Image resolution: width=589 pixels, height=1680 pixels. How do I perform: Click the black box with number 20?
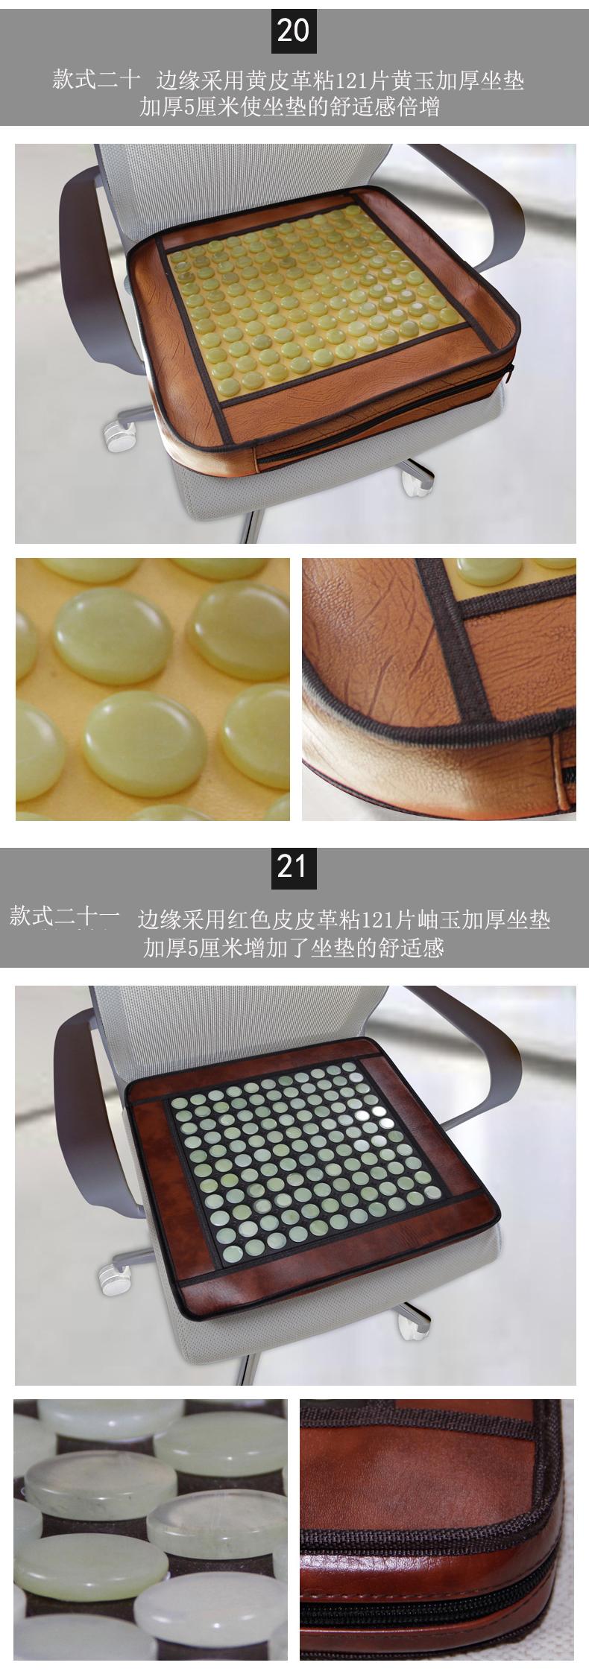[294, 31]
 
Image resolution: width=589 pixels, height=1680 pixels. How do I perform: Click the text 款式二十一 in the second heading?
[65, 917]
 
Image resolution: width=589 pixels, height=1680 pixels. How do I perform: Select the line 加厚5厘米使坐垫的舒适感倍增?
[289, 108]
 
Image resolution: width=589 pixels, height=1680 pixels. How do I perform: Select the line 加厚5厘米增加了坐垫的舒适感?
[294, 948]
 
